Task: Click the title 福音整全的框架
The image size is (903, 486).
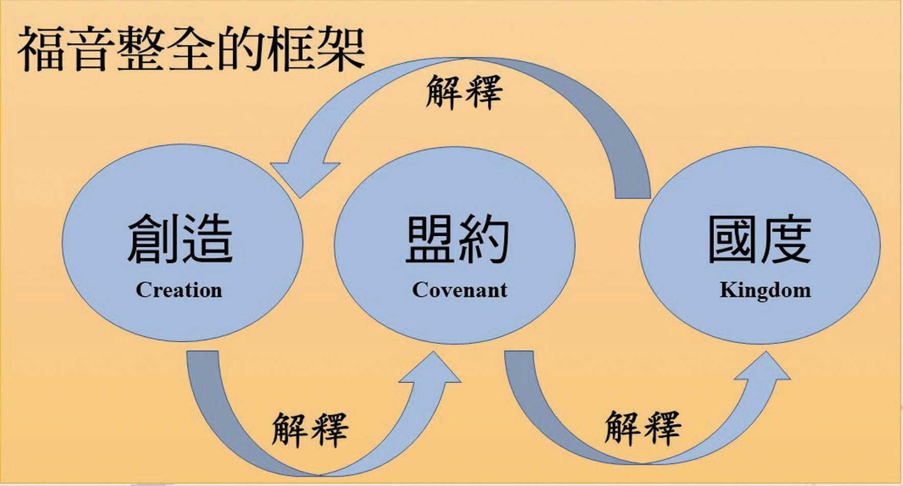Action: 191,50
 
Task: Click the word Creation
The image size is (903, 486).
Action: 179,290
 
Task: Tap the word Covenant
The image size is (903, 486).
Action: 459,290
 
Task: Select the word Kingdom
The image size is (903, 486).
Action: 765,290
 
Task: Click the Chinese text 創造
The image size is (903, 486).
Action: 180,239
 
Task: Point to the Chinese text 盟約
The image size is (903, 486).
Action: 457,239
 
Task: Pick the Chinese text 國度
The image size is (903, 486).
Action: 759,239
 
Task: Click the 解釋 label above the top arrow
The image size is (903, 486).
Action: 464,92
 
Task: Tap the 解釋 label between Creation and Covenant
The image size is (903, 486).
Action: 309,429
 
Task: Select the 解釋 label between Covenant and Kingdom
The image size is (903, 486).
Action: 642,428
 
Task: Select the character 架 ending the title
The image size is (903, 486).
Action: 339,50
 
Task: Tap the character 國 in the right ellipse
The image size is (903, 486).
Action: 733,239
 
